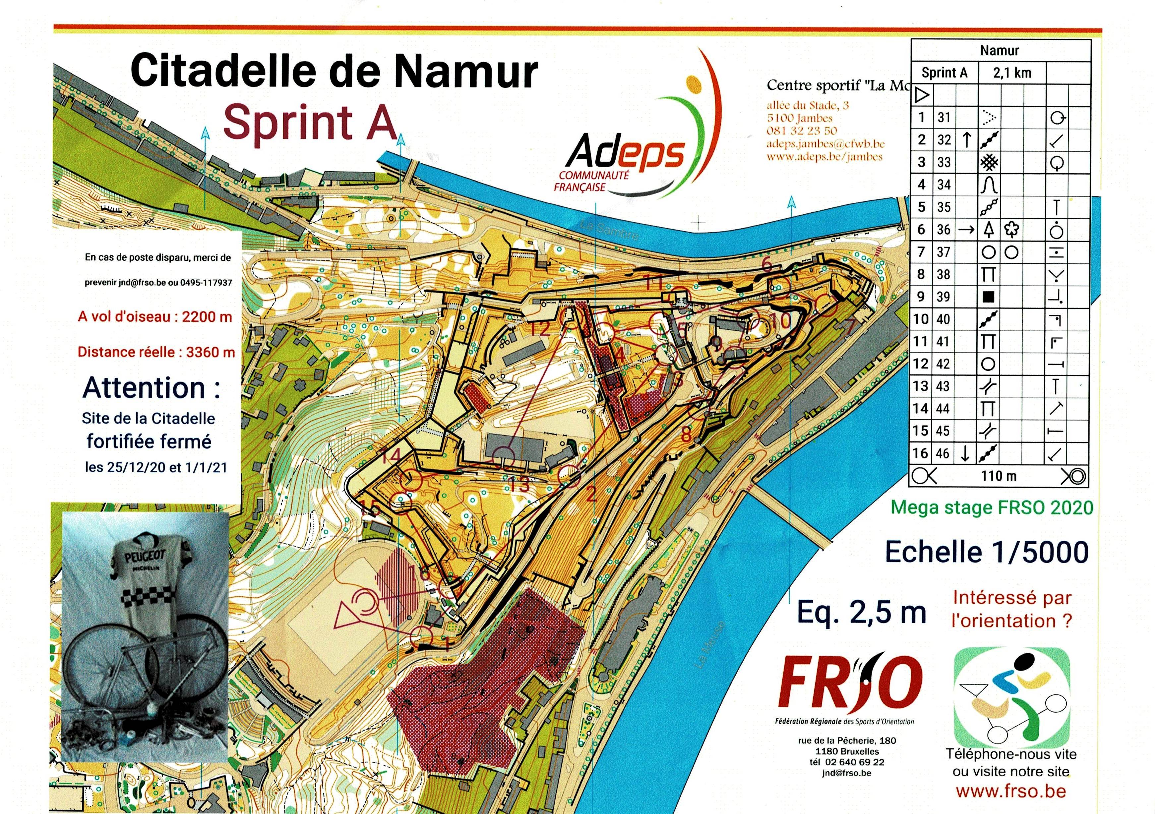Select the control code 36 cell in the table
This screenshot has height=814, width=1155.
coord(944,230)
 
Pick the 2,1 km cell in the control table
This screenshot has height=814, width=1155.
coord(1012,73)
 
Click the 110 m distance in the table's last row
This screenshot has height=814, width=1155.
coord(998,476)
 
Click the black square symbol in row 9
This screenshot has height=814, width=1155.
coord(988,297)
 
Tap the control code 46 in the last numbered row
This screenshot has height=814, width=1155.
coord(944,454)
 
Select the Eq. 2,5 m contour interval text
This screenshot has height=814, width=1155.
coord(861,612)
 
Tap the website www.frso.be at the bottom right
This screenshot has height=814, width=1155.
coord(1011,791)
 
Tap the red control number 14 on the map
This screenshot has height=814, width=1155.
coord(391,456)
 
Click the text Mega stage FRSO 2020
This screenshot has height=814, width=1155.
coord(992,508)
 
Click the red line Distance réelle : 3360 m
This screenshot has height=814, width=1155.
coord(156,352)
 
